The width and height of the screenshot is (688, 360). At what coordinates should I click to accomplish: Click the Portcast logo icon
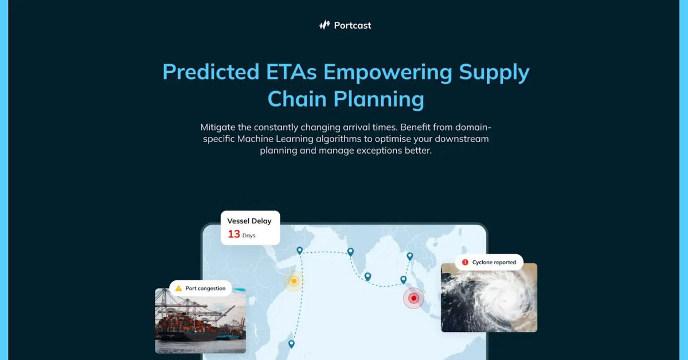click(325, 25)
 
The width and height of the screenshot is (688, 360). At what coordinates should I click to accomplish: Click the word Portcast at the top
click(353, 25)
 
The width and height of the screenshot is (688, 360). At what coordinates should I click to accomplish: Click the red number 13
click(234, 234)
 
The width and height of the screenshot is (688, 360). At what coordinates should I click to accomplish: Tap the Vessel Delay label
click(249, 221)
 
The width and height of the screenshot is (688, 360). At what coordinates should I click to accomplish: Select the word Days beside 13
click(249, 235)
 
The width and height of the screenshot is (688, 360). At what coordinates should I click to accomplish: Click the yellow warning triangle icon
click(178, 288)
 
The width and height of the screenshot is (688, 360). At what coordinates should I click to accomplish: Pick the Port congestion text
click(205, 288)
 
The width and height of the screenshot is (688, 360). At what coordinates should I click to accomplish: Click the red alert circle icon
click(465, 263)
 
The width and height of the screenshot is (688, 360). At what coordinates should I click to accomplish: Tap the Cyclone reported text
click(494, 263)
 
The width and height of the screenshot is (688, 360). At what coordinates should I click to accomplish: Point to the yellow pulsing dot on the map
click(294, 281)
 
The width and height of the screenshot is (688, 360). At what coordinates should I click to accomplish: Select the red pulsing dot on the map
click(413, 298)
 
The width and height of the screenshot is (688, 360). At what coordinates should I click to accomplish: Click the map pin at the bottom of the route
click(291, 343)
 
